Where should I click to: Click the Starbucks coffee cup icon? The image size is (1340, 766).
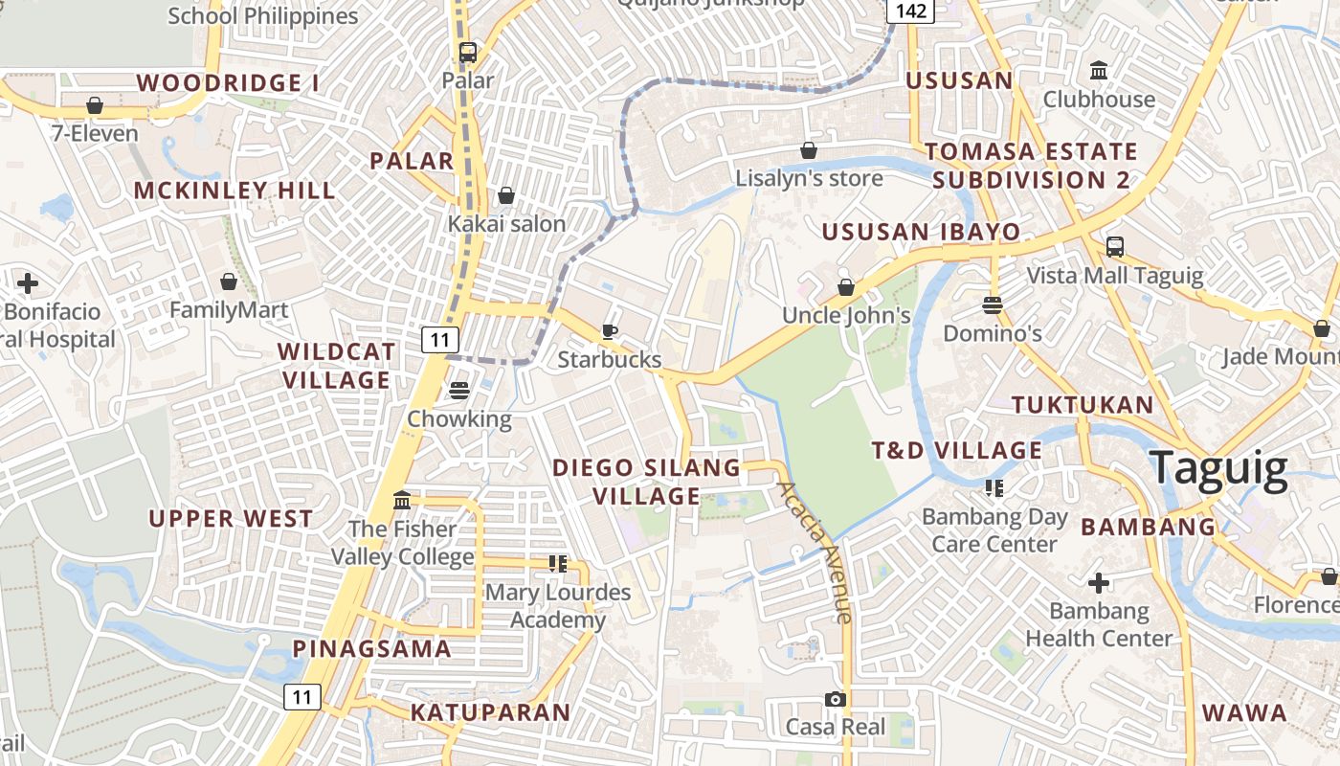pos(609,331)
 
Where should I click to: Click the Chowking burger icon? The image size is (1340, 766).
pos(459,391)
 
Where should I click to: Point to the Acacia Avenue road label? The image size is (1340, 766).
pos(815,552)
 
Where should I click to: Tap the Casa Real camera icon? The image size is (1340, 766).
pos(836,700)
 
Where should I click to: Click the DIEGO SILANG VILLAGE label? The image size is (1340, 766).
pos(647,482)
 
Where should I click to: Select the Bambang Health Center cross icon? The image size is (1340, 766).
pos(1099,582)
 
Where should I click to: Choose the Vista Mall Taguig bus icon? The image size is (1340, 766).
pos(1115,247)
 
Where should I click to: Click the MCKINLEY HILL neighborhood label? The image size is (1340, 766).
pos(234,191)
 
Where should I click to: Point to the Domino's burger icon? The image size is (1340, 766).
pos(993,305)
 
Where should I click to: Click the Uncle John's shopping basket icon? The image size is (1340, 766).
pos(846,287)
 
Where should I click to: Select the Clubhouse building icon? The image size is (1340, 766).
pos(1099,71)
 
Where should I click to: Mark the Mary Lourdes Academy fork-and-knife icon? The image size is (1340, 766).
pos(558,564)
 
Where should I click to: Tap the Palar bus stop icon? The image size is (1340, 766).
pos(467,53)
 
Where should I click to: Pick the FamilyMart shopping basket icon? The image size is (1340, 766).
pos(229,282)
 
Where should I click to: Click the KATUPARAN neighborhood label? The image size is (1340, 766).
pos(491,712)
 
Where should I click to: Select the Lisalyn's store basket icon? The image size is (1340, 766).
pos(809,150)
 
